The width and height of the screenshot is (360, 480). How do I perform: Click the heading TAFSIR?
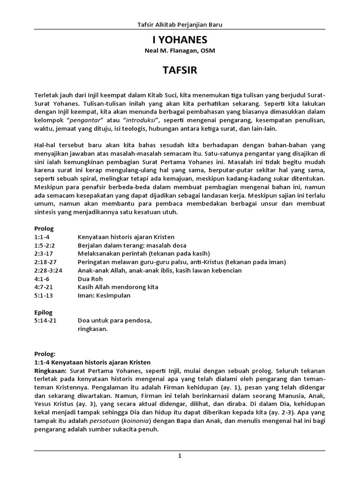180,70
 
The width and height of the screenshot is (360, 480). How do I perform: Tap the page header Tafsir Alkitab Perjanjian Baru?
180,24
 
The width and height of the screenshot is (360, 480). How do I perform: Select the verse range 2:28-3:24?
48,270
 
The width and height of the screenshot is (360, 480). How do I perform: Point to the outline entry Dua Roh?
90,279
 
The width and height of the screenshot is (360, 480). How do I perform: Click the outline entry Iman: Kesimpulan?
104,296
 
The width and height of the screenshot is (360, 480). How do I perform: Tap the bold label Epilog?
44,313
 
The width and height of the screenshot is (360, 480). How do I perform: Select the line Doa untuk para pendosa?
115,321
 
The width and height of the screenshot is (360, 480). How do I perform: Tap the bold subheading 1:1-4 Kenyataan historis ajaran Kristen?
92,362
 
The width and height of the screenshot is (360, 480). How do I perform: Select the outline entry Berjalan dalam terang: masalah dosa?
132,245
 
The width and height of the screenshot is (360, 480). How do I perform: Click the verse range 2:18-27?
45,262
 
